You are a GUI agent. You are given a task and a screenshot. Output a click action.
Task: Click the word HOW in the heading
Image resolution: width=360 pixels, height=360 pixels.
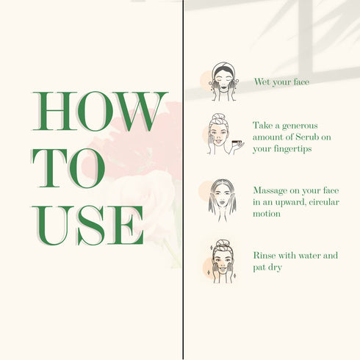(x=100, y=112)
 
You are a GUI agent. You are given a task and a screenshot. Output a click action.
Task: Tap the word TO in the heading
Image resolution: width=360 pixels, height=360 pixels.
(x=68, y=168)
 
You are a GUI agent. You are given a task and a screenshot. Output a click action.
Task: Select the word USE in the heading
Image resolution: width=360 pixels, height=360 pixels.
(x=87, y=226)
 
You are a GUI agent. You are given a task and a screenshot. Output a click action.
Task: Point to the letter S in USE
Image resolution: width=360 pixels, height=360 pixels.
(x=91, y=226)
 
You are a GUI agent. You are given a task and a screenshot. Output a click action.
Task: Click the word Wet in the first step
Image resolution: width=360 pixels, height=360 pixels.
(x=262, y=82)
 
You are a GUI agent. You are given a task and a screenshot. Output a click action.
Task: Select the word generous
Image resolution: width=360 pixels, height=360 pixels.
(x=300, y=126)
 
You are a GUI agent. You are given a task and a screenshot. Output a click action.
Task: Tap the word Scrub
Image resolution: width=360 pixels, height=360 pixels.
(x=307, y=137)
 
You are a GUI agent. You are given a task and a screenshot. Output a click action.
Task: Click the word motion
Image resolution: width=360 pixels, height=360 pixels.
(x=267, y=214)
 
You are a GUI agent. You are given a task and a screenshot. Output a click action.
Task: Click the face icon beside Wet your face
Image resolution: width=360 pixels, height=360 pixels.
(x=223, y=82)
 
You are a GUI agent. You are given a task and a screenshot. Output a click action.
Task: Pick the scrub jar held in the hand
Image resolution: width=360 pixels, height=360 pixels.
(x=236, y=142)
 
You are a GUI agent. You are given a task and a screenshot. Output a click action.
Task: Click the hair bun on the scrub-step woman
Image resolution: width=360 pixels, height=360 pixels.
(x=217, y=117)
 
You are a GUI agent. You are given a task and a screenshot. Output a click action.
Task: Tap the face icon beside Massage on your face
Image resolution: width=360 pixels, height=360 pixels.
(x=223, y=201)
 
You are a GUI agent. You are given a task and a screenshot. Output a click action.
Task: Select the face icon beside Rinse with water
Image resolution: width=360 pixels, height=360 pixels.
(x=222, y=262)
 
